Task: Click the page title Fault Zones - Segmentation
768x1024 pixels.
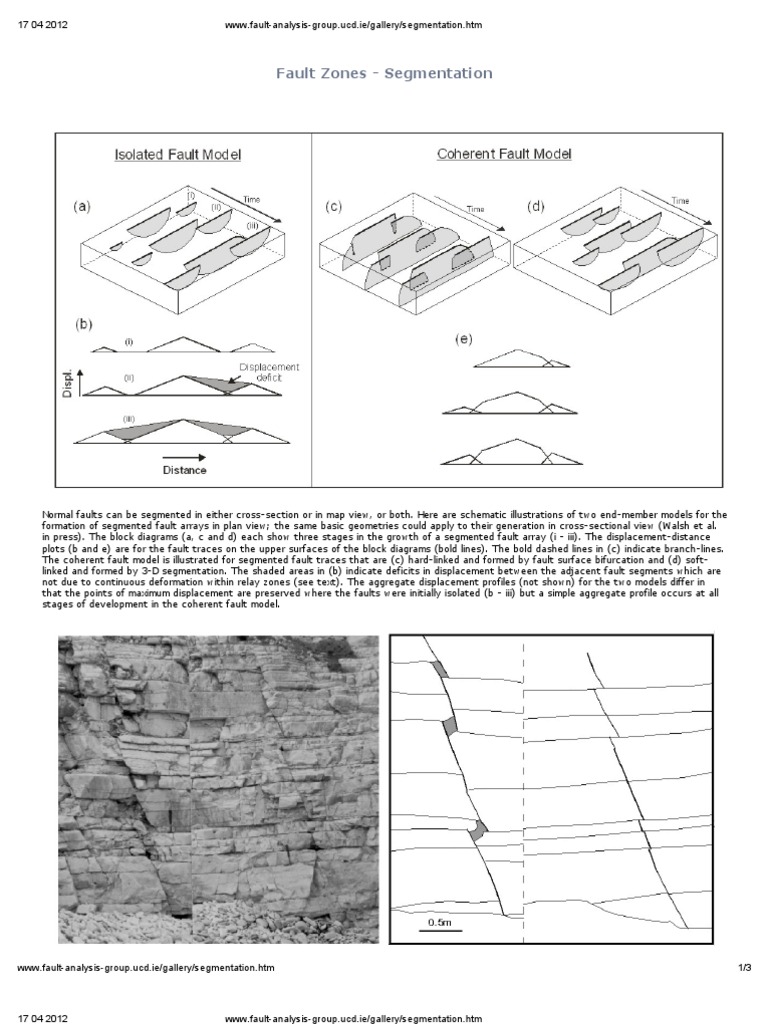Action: click(x=384, y=74)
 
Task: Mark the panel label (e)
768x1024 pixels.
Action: click(x=462, y=340)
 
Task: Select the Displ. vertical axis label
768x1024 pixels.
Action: click(x=69, y=383)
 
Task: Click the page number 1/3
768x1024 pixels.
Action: click(x=744, y=968)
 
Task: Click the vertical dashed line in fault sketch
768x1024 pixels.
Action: click(x=523, y=780)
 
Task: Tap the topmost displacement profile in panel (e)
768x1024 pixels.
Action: click(x=516, y=359)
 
